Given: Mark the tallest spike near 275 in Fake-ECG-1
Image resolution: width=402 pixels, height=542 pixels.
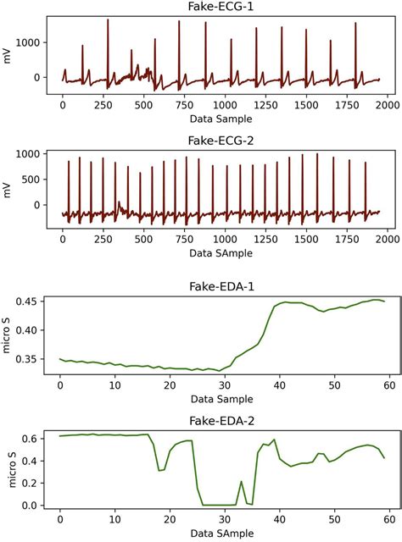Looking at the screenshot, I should pyautogui.click(x=108, y=20).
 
